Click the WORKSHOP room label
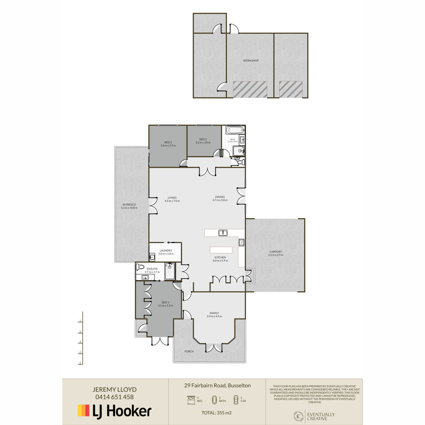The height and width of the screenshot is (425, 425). pos(251,61)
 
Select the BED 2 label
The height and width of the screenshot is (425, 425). pos(168,142)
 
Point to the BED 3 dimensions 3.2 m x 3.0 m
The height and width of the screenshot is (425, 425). pos(203,143)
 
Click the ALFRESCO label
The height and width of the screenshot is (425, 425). pos(129,205)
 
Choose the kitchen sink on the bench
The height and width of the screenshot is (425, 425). pos(223,233)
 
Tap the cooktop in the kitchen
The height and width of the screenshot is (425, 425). pos(242,243)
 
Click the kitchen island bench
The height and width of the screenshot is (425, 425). pos(221,250)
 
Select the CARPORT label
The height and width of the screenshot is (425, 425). pos(276,252)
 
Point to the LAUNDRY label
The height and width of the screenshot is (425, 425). pos(166,250)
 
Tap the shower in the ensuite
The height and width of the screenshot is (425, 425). pos(170,271)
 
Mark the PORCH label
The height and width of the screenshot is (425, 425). pos(189,351)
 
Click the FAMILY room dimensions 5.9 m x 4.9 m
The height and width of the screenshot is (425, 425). pos(214,316)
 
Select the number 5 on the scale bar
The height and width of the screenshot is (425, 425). pos(80,363)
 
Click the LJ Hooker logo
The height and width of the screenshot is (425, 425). pos(114,411)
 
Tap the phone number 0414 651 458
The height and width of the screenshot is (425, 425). pos(114,397)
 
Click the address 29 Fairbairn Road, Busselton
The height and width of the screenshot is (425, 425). pos(217,386)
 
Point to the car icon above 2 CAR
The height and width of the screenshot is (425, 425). pos(236,400)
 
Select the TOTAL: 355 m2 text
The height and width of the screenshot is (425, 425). pos(216,413)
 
